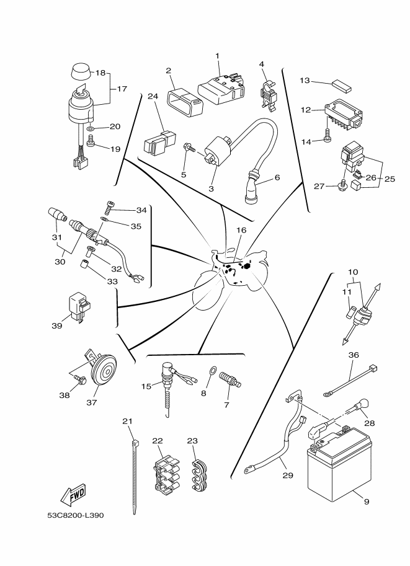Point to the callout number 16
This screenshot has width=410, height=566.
[x=241, y=229]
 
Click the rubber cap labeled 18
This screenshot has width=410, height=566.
[x=79, y=72]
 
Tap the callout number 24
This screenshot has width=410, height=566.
[x=153, y=96]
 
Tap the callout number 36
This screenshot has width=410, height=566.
[x=354, y=355]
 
